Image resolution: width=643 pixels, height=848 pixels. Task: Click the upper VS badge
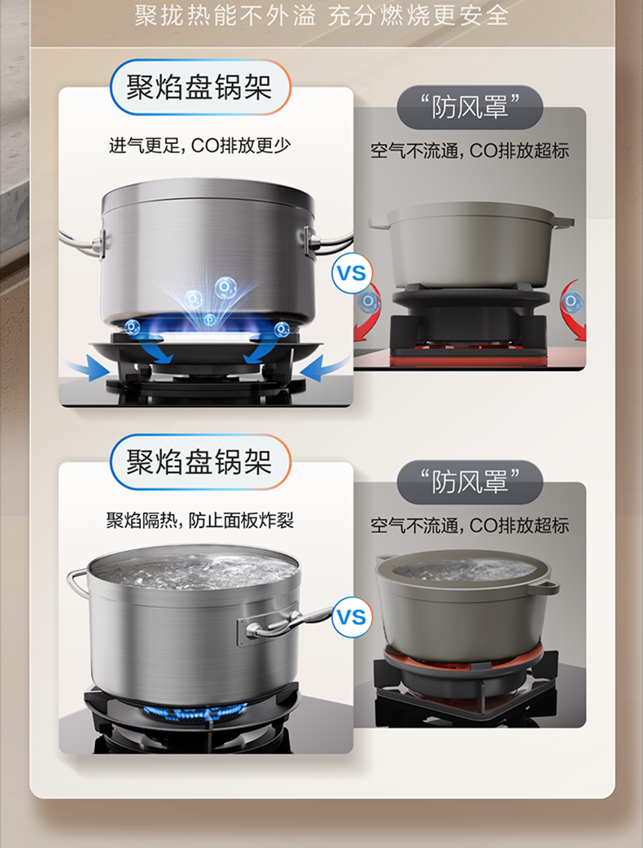click(x=352, y=273)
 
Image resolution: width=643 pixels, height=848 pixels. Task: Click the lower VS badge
click(x=352, y=617)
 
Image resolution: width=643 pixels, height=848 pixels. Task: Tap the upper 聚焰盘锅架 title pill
click(x=200, y=87)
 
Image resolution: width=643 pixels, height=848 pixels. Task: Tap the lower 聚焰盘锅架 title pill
click(x=200, y=462)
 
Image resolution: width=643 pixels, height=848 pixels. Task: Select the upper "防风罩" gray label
click(x=470, y=107)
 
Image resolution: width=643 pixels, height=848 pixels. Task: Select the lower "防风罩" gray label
click(x=470, y=482)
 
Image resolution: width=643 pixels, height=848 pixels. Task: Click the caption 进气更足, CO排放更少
click(x=200, y=146)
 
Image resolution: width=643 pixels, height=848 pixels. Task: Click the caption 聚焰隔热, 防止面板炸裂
click(x=200, y=520)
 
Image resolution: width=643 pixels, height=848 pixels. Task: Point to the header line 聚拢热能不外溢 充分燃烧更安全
click(x=321, y=15)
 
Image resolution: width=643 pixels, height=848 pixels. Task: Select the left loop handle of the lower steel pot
click(x=77, y=583)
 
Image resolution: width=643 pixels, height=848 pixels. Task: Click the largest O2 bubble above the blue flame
click(x=225, y=288)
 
